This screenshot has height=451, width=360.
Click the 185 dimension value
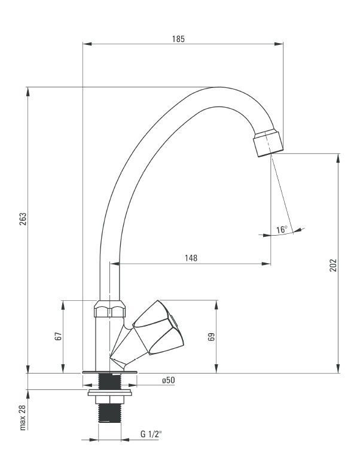coord(178,39)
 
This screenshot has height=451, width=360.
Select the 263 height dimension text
coord(23,219)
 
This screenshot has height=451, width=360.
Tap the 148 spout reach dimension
coord(191,258)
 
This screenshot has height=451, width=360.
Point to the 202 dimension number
coord(333,265)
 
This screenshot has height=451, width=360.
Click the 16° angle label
coord(282,230)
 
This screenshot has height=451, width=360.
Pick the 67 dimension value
coord(59,336)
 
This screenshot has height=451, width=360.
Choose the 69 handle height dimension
coord(211,337)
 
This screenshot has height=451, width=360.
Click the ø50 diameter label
coord(168,380)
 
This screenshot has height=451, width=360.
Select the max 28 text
coord(23,418)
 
